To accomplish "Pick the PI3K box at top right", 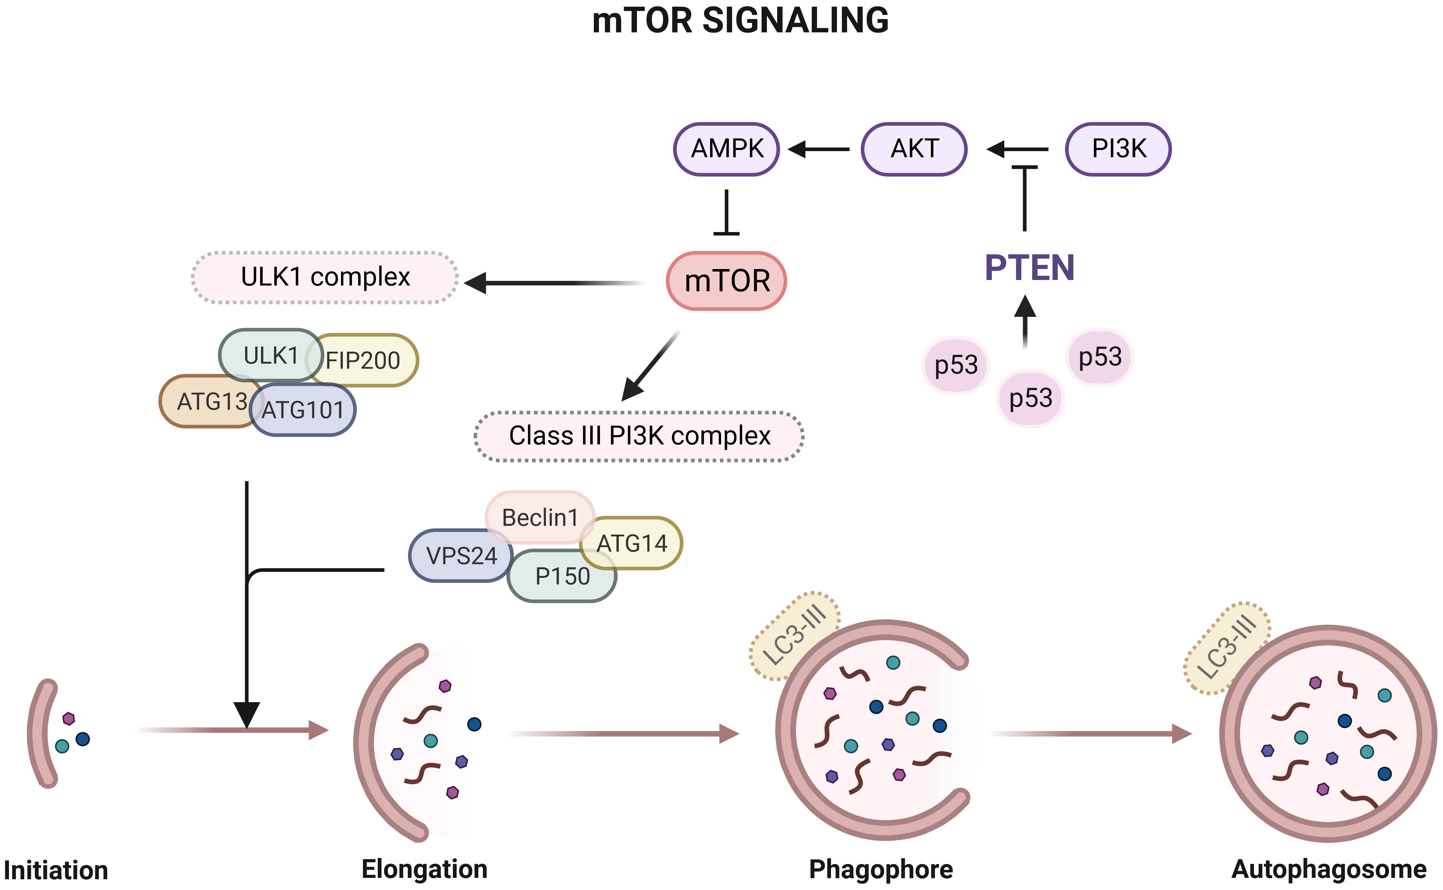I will click(x=1118, y=149).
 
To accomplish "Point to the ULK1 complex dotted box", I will click(x=325, y=277).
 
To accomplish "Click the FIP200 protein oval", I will click(x=371, y=360).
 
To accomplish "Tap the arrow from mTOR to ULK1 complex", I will click(x=553, y=283).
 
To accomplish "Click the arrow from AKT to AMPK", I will click(x=818, y=149).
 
